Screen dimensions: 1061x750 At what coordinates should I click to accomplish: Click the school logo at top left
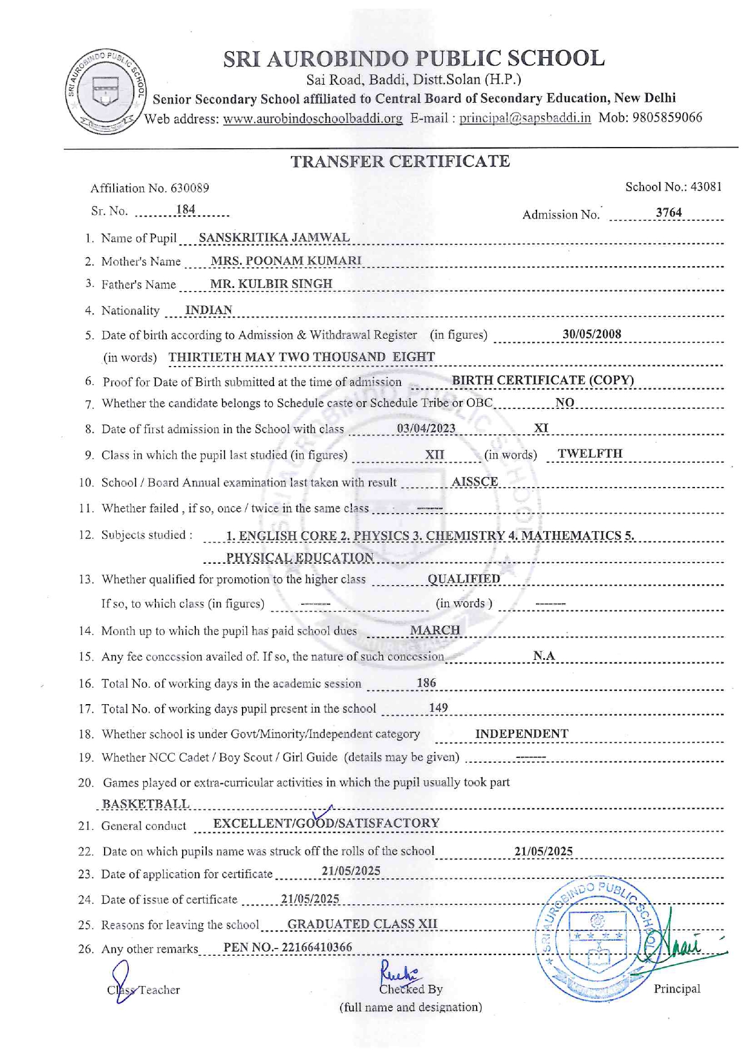click(x=106, y=91)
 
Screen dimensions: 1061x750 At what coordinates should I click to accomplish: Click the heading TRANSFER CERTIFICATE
click(x=400, y=162)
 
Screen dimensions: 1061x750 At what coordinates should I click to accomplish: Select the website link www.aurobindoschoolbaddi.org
click(x=313, y=119)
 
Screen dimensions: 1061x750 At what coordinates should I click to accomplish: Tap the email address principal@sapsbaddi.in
click(x=525, y=118)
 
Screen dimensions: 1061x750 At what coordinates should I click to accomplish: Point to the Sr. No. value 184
click(x=186, y=210)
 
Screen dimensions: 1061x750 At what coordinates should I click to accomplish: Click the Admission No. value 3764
click(x=668, y=212)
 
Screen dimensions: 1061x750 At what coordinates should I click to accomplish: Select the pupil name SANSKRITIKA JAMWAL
click(x=274, y=238)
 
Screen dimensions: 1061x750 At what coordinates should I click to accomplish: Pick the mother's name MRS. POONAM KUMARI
click(x=285, y=261)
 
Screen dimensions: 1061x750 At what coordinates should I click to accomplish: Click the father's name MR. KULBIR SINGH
click(x=271, y=284)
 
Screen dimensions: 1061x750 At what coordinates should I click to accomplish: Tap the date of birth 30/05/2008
click(x=592, y=334)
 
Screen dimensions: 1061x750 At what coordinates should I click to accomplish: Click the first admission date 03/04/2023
click(x=426, y=429)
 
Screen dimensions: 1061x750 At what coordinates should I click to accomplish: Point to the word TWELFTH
click(x=590, y=454)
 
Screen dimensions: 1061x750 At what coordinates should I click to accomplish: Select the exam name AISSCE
click(x=475, y=482)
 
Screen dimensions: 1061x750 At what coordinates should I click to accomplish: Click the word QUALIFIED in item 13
click(x=464, y=579)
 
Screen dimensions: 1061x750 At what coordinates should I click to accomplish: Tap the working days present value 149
click(x=439, y=708)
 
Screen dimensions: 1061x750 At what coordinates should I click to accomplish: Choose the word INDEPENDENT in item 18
click(x=521, y=734)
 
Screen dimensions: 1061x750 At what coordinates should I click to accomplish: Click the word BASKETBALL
click(x=146, y=804)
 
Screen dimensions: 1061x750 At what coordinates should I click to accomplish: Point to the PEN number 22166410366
click(x=317, y=947)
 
